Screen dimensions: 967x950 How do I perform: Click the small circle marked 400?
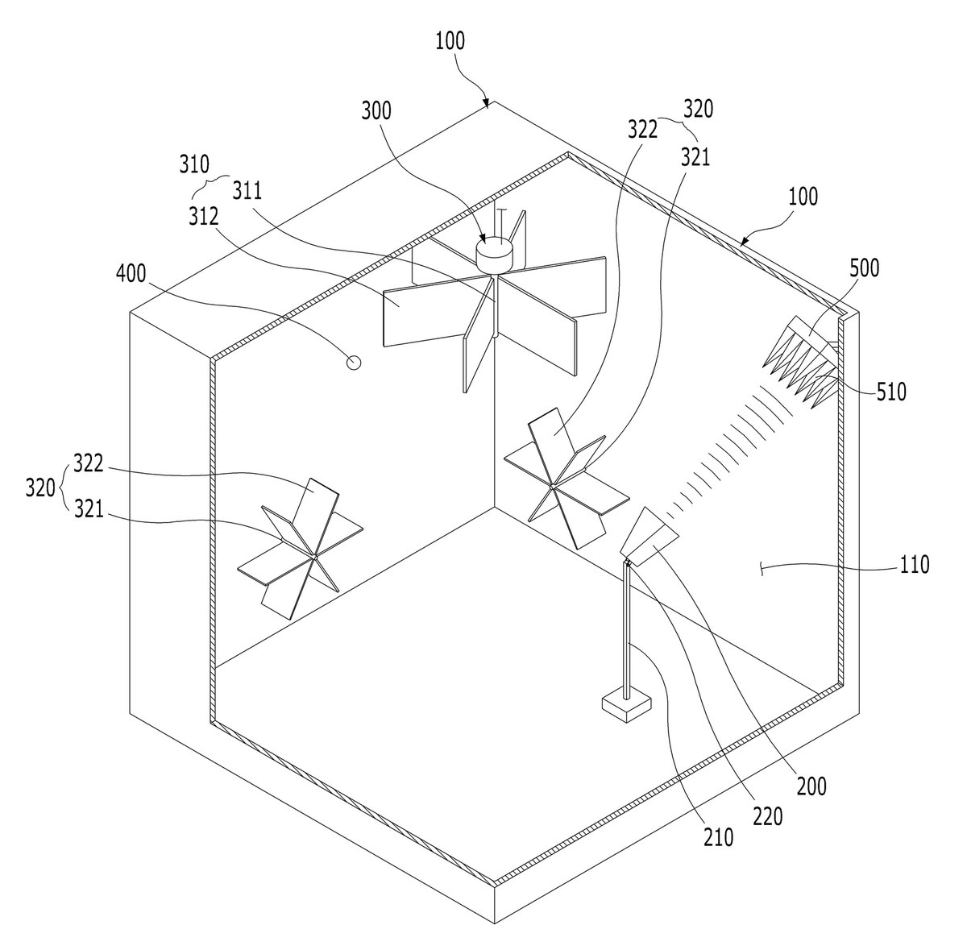[354, 363]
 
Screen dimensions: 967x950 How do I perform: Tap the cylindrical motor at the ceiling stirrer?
[494, 254]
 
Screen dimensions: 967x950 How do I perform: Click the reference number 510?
[891, 392]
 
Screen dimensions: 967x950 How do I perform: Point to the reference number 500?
[864, 268]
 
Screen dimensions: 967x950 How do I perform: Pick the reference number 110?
[915, 565]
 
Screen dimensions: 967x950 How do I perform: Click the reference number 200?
[811, 786]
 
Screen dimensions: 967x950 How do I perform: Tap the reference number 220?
[768, 816]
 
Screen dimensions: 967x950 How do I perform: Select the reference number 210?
[719, 837]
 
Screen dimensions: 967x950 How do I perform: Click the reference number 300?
[376, 111]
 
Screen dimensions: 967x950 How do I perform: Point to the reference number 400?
[131, 274]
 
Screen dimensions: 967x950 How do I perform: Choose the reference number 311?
[247, 191]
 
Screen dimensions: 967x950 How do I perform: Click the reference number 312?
[203, 216]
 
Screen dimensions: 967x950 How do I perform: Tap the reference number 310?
[194, 164]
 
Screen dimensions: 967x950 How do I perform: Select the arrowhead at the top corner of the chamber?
[486, 104]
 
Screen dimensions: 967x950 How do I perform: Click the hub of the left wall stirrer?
[315, 557]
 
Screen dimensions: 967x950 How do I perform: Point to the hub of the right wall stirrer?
[552, 486]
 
